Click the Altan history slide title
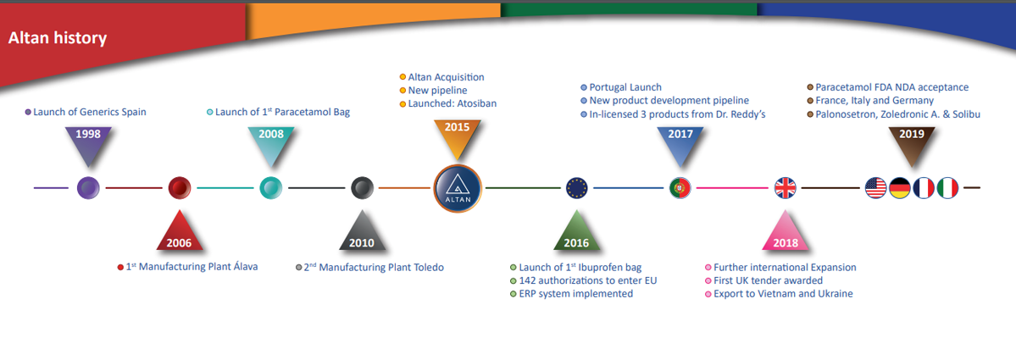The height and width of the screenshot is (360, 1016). (x=57, y=39)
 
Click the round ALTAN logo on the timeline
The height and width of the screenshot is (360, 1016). (x=458, y=188)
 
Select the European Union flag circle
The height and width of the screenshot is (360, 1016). (x=576, y=188)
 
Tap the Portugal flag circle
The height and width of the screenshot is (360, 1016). (x=680, y=188)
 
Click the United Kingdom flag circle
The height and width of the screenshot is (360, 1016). (x=786, y=188)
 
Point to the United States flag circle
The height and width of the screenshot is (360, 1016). (x=876, y=188)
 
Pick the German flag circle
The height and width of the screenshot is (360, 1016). (x=900, y=188)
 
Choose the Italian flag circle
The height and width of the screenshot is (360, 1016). (x=947, y=188)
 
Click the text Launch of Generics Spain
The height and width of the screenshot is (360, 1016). (x=90, y=112)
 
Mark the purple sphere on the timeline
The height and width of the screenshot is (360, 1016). (x=88, y=188)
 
